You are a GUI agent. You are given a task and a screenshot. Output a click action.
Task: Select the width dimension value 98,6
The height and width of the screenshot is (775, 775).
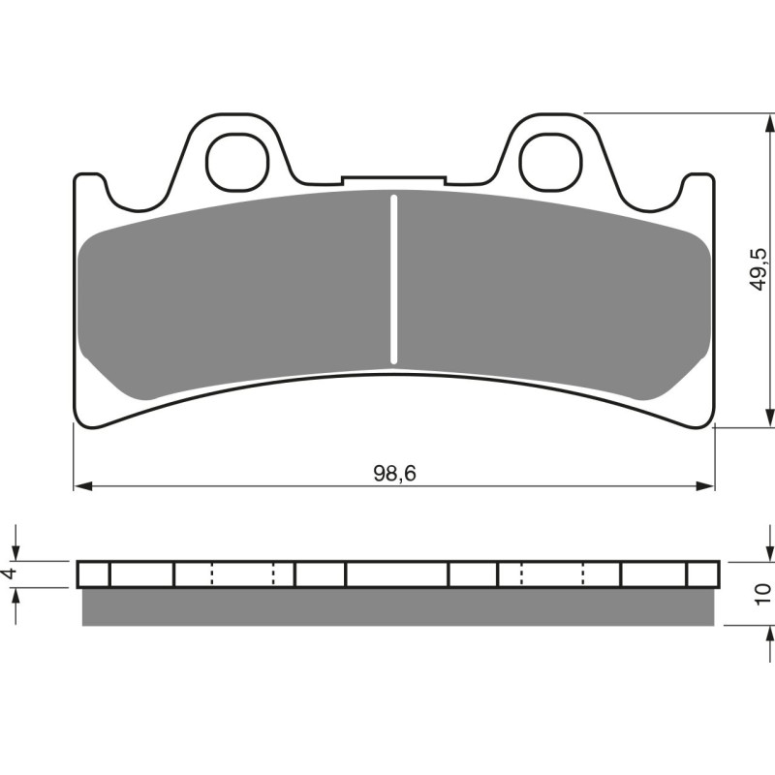394,473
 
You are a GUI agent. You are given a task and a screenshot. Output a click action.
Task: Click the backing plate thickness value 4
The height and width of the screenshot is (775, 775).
11,573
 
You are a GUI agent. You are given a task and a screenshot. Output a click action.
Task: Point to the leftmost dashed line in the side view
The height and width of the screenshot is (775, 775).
211,574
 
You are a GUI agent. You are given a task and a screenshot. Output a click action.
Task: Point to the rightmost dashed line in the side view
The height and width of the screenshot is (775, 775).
584,574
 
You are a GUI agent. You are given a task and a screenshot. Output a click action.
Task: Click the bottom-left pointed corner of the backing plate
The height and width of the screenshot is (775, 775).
77,422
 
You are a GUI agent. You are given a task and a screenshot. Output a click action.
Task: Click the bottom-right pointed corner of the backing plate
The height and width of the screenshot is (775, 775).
713,422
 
